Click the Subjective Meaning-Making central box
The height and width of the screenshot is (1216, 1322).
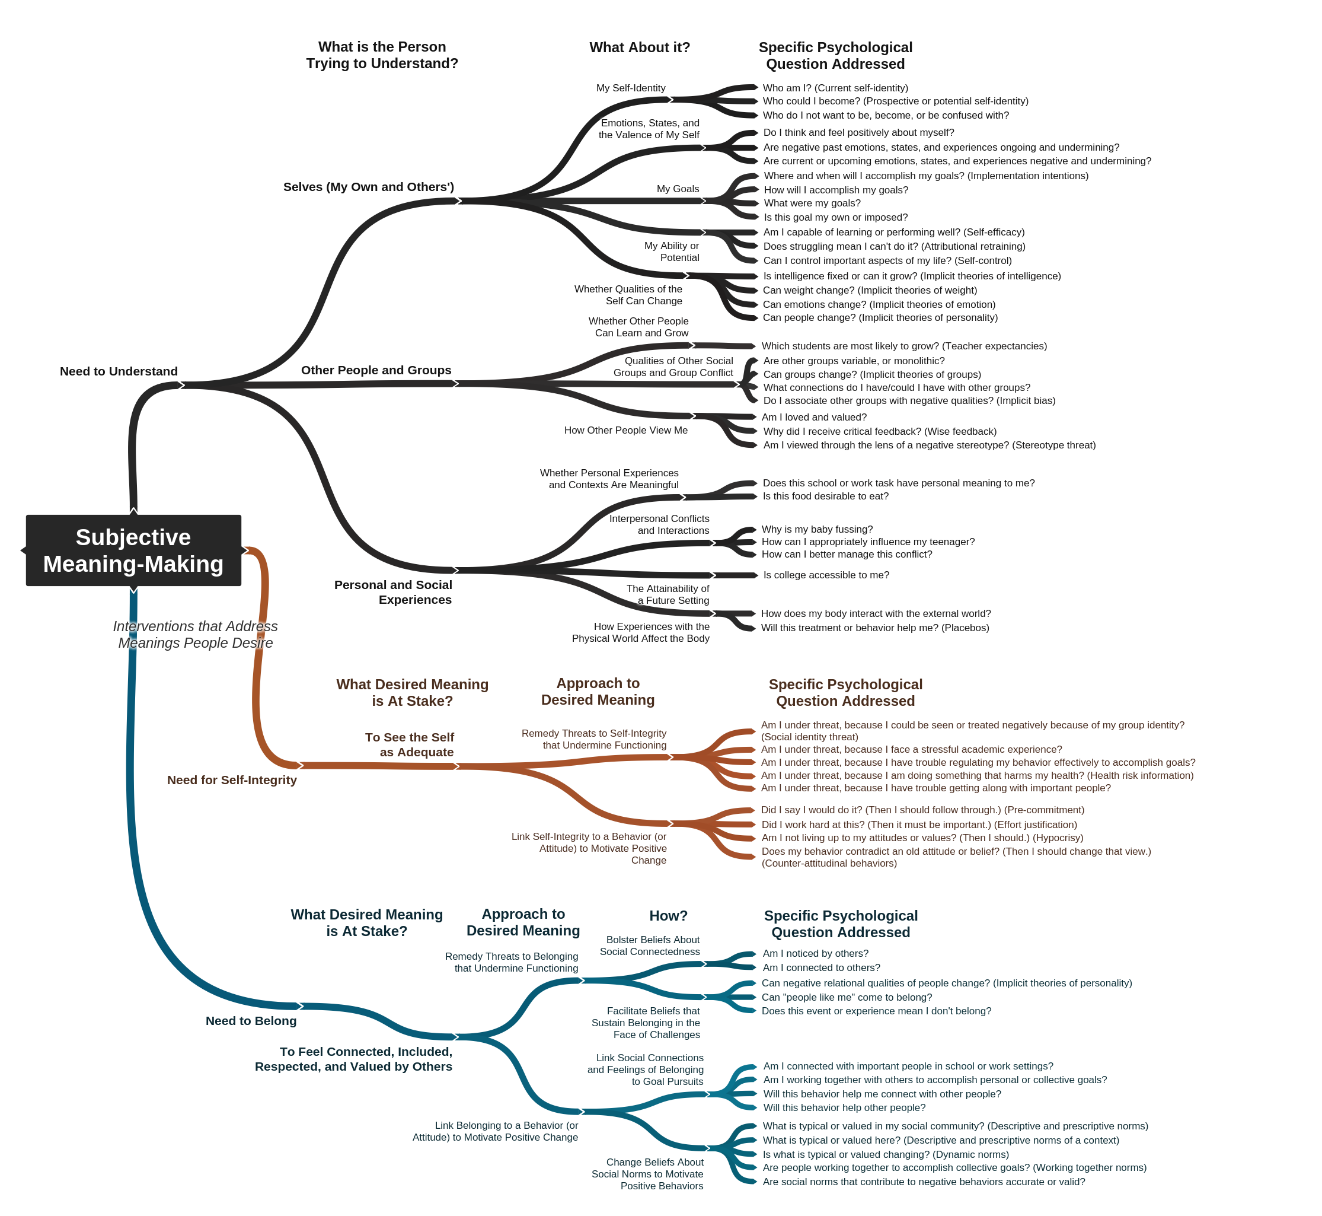(133, 550)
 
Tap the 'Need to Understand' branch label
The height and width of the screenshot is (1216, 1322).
(119, 371)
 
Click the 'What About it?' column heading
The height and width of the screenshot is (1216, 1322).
(639, 47)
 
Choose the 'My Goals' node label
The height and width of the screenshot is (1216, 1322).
(678, 189)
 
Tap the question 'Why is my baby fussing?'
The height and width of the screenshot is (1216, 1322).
(817, 529)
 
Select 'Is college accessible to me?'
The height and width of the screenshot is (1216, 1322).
(826, 575)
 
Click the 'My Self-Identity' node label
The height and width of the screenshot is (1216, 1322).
(631, 88)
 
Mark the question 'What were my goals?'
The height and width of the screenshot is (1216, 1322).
(812, 203)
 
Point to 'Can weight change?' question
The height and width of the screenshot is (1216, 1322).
(870, 290)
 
